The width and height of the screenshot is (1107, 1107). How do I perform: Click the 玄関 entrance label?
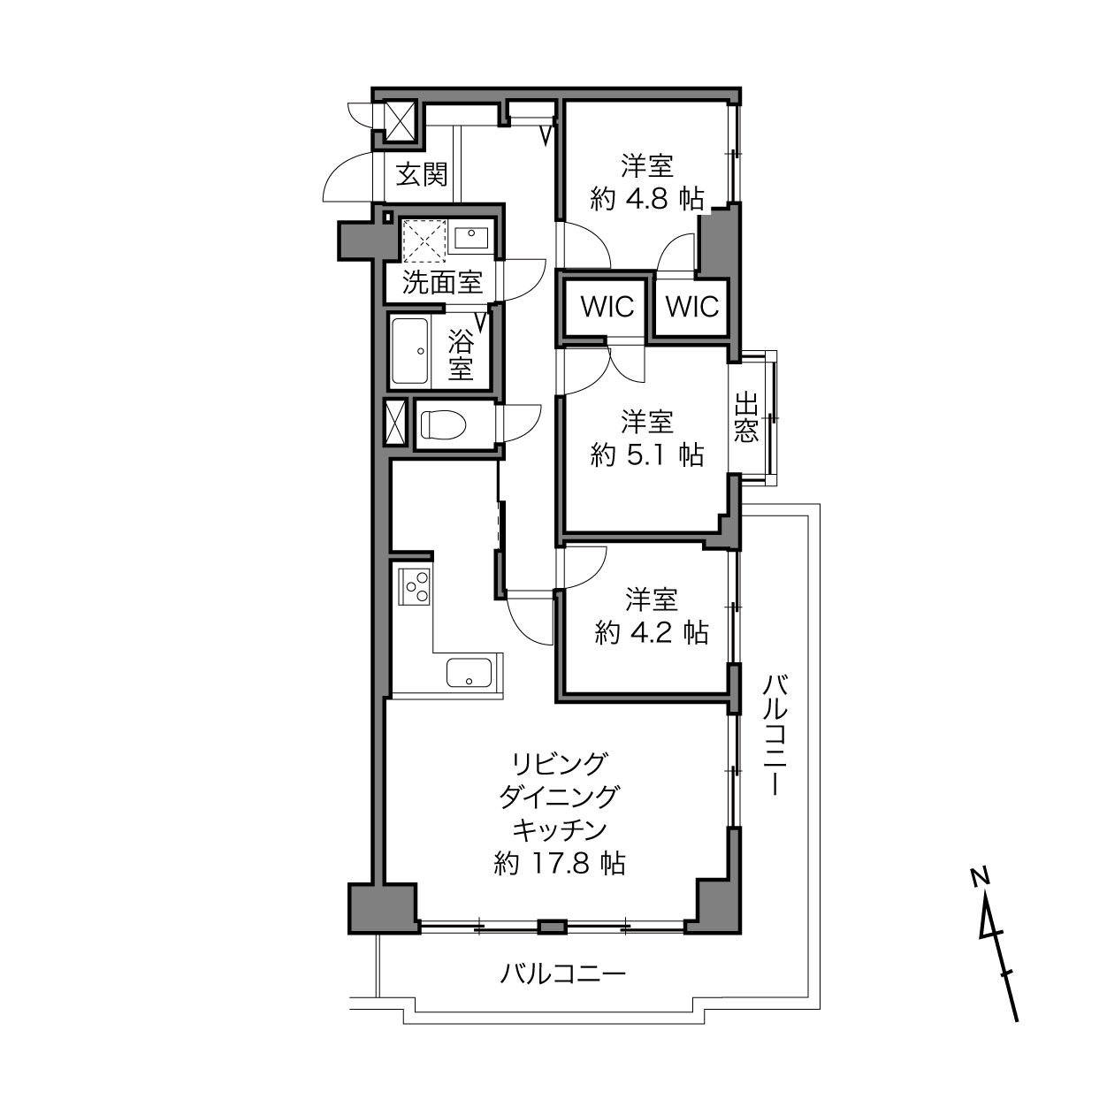click(x=422, y=174)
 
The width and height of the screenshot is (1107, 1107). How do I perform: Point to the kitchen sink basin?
click(x=470, y=673)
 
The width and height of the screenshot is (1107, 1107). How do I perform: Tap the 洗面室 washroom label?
click(x=442, y=282)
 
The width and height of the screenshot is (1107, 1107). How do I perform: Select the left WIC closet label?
click(x=607, y=307)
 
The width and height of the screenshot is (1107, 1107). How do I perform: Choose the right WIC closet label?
click(x=692, y=307)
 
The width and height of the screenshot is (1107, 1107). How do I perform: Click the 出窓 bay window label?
click(x=747, y=417)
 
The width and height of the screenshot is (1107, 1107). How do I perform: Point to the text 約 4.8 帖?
click(x=647, y=199)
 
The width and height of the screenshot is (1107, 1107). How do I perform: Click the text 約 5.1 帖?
click(x=647, y=455)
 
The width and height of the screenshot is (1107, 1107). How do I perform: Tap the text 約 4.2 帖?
click(x=652, y=632)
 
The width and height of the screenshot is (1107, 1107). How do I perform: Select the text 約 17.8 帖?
click(x=560, y=864)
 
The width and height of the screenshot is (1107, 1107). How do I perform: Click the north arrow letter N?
click(x=980, y=876)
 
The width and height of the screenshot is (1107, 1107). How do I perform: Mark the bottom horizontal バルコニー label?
click(x=562, y=973)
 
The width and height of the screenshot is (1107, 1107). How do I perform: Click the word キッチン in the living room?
click(x=560, y=830)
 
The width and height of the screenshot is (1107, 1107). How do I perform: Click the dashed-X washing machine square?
click(x=424, y=240)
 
